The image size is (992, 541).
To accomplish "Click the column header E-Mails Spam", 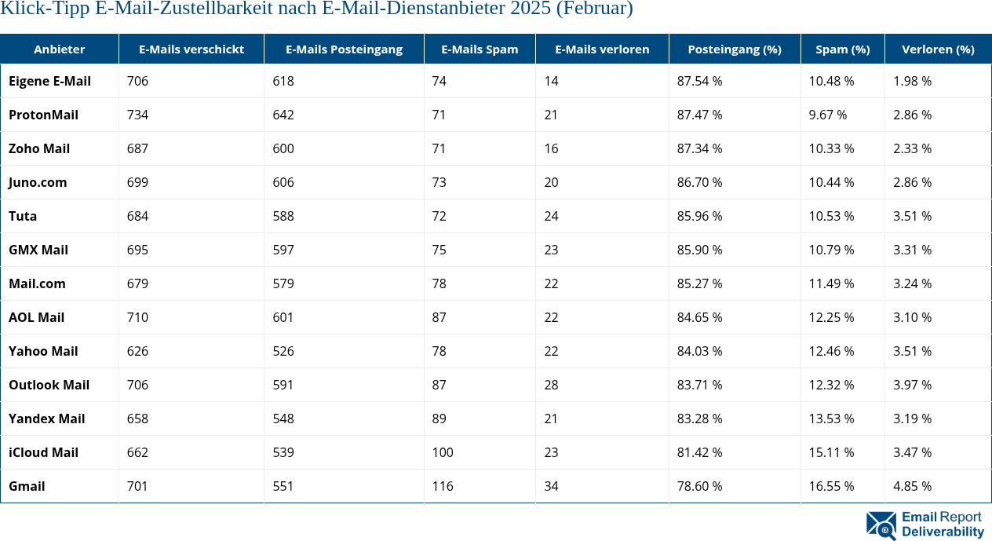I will coord(480,49).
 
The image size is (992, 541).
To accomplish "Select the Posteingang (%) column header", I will coord(734,49).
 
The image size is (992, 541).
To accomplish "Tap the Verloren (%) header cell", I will coord(938,49).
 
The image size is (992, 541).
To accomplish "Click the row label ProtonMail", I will coord(43,115).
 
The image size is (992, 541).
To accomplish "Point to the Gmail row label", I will coord(27,486).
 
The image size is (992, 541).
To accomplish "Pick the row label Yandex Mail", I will coord(46,419).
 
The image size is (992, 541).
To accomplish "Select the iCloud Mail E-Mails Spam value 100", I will coord(443,452).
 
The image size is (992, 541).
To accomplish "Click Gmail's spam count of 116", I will coord(443,486).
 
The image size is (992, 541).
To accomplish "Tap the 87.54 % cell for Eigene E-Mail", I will coord(699,81).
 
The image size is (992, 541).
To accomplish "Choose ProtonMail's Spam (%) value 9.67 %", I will coord(828,115).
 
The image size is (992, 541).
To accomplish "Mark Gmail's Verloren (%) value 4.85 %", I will coord(912,486).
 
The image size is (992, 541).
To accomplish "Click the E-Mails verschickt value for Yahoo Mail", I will coord(137,351).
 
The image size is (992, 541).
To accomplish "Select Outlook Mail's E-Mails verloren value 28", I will coord(551,385).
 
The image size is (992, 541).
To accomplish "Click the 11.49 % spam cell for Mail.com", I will coord(831,283).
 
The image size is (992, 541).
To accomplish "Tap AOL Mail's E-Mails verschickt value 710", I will coord(137,317).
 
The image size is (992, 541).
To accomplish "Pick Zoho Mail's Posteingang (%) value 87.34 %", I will coord(699,148).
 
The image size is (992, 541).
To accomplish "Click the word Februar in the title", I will coord(601,9).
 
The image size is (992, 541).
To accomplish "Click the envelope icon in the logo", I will coord(881,525).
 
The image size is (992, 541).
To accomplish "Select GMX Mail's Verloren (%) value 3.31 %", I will coord(912,250).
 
